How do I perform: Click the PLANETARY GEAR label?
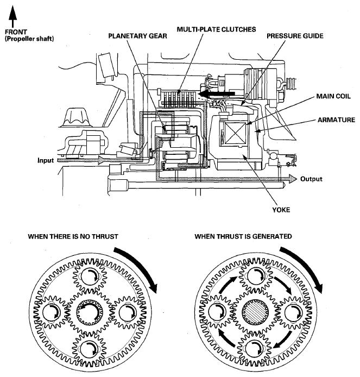137,36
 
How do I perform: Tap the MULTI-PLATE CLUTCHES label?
216,29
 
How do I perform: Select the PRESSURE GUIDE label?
295,36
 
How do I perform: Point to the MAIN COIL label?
333,96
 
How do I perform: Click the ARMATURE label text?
336,120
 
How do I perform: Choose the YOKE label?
281,210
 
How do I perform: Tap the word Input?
46,160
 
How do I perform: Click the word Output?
311,179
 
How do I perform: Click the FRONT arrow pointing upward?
12,16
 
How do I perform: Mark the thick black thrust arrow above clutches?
216,93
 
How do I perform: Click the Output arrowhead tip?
297,179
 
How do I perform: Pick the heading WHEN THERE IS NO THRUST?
73,237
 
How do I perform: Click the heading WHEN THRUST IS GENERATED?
243,237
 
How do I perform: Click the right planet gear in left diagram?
128,312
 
